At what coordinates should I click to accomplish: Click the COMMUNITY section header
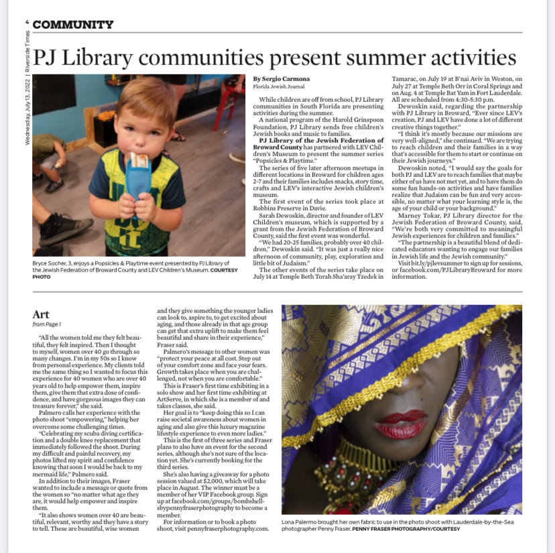coord(73,25)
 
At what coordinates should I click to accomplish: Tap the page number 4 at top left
coord(27,23)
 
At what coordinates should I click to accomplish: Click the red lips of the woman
coord(401,424)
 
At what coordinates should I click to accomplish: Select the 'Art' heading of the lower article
coord(41,314)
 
